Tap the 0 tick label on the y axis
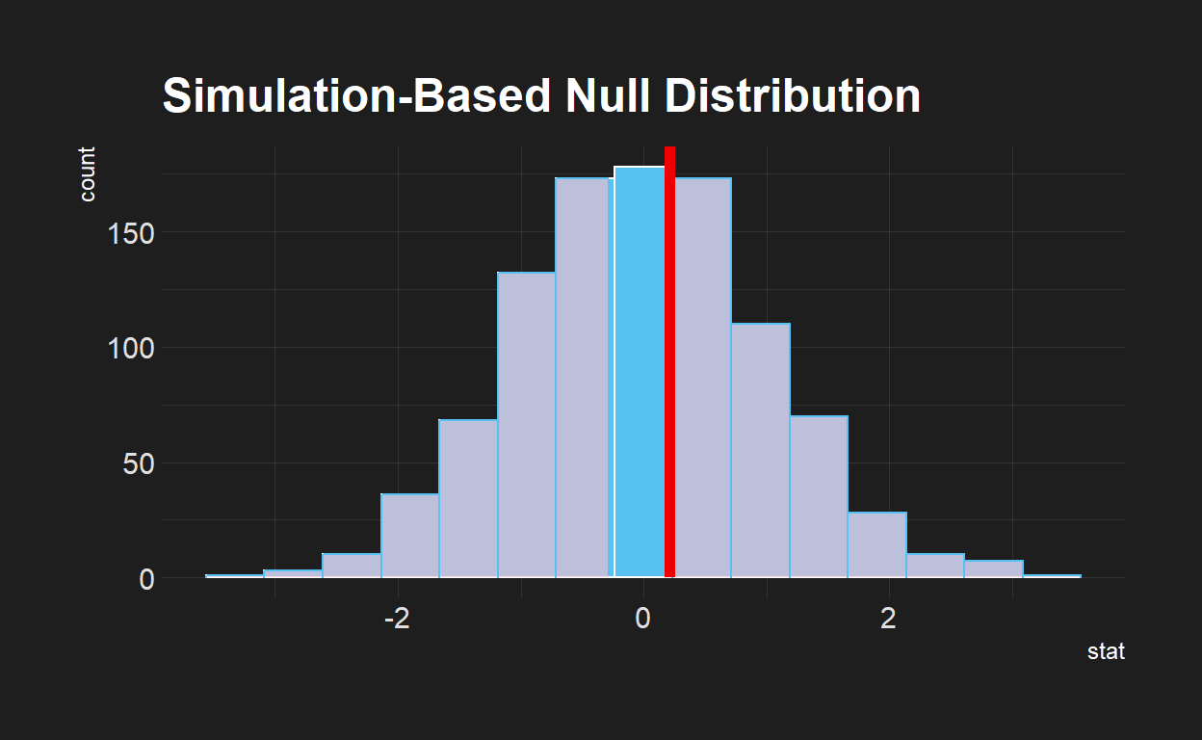tap(144, 579)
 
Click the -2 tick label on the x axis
tap(397, 618)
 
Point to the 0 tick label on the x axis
tap(642, 618)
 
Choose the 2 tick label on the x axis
tap(889, 618)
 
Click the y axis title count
tap(88, 174)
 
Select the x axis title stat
tap(1106, 652)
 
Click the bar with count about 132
tap(526, 425)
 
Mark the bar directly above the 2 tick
tap(877, 545)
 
